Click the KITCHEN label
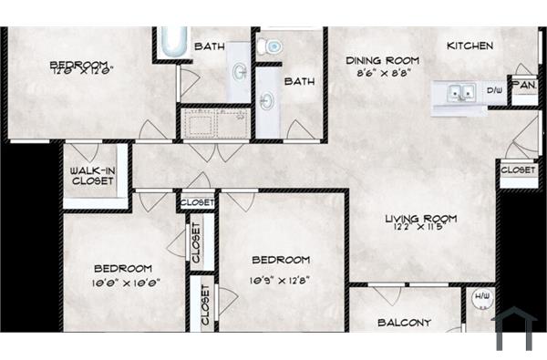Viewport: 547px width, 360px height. point(470,46)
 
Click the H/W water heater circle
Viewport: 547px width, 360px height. point(480,297)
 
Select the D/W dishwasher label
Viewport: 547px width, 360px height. point(495,90)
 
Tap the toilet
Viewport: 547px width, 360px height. point(272,46)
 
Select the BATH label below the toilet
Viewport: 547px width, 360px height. point(299,81)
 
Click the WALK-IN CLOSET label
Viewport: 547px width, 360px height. point(93,175)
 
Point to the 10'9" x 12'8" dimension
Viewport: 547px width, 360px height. point(281,280)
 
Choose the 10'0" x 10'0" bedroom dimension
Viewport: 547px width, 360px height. point(122,283)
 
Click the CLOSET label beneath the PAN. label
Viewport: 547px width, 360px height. point(517,170)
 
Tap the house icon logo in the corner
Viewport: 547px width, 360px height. point(515,330)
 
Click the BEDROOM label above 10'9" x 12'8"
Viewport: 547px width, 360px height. point(281,260)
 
